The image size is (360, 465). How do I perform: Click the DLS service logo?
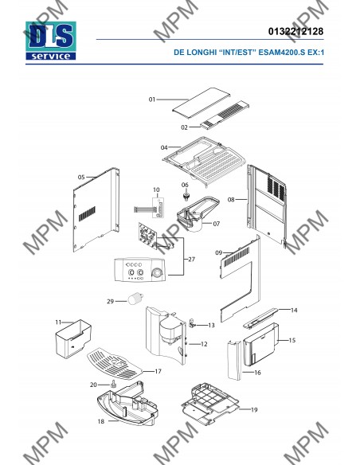coord(51,41)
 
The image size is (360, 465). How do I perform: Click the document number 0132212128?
coord(295,31)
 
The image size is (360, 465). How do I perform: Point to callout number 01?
coord(152,100)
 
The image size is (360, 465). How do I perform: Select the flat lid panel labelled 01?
coord(202,104)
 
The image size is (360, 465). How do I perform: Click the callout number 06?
coord(185,185)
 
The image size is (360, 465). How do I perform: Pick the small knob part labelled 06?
coord(186,196)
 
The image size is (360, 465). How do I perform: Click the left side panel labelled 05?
coord(96,209)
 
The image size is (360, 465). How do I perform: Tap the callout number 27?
coord(192,260)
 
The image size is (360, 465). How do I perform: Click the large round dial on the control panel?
coord(158,274)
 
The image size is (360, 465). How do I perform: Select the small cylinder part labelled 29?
coord(135,298)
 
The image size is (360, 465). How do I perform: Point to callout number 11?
coord(58,322)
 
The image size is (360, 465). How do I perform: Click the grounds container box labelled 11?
coord(73,338)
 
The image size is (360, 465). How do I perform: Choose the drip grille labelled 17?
coord(115,364)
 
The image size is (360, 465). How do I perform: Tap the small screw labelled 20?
coord(113,383)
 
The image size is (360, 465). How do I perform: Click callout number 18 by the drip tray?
coord(101,421)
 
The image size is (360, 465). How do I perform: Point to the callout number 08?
coord(231,200)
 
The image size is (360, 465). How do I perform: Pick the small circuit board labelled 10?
coord(158,208)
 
